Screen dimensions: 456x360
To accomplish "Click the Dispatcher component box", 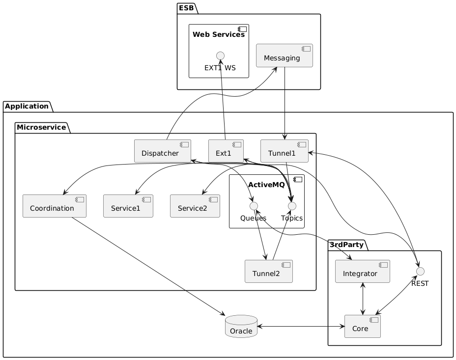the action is point(163,151).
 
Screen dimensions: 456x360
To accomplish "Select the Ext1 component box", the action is point(226,151).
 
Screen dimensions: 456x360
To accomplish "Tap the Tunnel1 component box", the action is point(285,151).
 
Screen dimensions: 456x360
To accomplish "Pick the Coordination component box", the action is point(55,206).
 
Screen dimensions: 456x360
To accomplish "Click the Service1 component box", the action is point(128,206).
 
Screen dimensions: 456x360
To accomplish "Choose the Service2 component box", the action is point(195,206).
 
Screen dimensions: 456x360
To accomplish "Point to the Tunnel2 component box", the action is point(269,272).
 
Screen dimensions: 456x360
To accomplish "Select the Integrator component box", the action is point(363,272).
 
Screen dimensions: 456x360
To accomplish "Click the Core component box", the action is point(363,326).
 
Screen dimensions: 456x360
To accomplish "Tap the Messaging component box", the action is point(285,55).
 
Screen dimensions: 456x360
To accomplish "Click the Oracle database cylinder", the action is point(241,326).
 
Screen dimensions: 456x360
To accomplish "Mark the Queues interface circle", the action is point(254,206).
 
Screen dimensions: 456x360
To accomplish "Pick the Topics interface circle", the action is point(292,206).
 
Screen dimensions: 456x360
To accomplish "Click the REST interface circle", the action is point(420,272).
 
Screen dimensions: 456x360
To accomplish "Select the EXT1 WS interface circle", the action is point(221,55).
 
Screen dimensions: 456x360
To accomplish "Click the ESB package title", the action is point(186,8).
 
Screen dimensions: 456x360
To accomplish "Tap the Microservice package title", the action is point(41,127).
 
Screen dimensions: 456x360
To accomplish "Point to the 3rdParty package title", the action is point(346,245).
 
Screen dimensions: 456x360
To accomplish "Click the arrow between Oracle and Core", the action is point(301,326).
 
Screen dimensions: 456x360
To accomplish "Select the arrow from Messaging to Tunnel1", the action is point(285,104).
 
